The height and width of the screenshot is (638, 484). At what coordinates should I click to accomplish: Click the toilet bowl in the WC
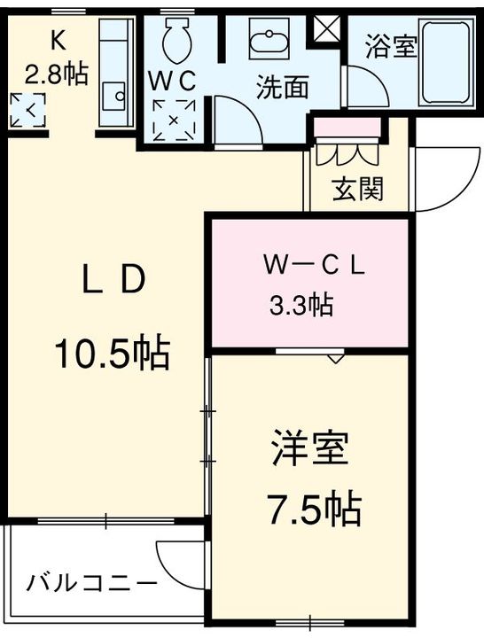click(177, 42)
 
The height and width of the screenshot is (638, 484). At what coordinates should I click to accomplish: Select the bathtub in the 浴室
click(448, 63)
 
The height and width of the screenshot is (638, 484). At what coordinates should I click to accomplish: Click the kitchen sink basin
click(113, 96)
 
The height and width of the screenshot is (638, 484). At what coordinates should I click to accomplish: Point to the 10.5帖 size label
click(113, 353)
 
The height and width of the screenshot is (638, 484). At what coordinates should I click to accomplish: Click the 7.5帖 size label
click(314, 509)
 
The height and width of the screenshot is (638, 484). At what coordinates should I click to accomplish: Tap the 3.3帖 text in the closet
click(301, 305)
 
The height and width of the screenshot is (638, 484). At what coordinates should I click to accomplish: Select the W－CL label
click(314, 267)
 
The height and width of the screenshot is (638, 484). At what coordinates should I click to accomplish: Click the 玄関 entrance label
click(358, 189)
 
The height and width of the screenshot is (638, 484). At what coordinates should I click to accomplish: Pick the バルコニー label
click(91, 584)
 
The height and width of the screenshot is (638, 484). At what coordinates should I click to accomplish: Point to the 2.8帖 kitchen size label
click(56, 74)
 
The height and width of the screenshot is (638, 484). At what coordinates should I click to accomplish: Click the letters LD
click(113, 279)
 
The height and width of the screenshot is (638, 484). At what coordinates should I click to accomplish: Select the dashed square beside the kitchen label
click(27, 110)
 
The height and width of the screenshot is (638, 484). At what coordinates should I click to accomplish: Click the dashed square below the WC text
click(174, 120)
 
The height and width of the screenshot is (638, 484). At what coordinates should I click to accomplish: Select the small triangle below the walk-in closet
click(334, 359)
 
